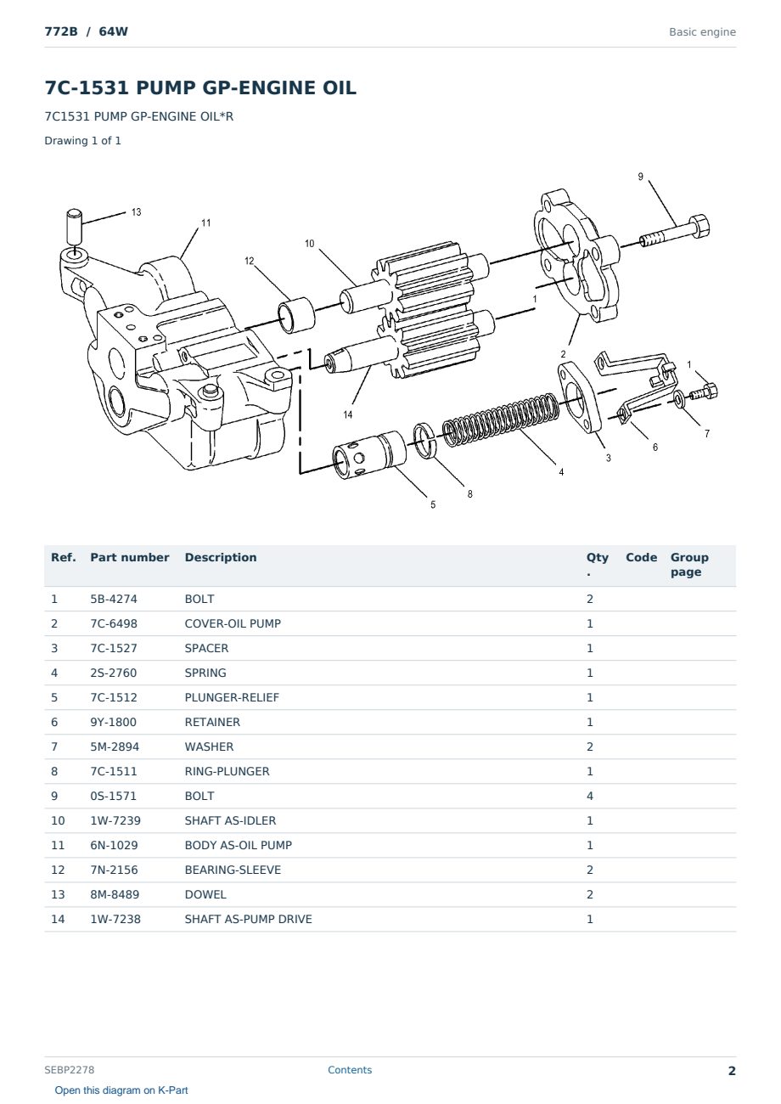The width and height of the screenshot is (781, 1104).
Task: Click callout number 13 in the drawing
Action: click(x=136, y=212)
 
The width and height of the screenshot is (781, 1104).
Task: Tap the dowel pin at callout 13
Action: click(x=74, y=226)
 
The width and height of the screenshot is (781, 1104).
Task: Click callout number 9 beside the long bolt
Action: click(x=641, y=177)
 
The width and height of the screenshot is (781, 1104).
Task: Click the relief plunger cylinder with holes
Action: click(x=369, y=454)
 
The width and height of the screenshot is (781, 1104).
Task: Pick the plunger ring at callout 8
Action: click(x=424, y=440)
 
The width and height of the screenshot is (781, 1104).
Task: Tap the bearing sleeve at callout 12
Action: click(x=296, y=315)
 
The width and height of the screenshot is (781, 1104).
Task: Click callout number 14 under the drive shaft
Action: click(x=348, y=415)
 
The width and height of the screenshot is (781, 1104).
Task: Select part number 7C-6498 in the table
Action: click(x=114, y=623)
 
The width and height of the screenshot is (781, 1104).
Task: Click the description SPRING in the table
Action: click(x=205, y=673)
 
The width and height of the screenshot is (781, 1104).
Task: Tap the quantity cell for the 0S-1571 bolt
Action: click(x=590, y=796)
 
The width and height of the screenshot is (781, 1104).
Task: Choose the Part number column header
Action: click(x=130, y=557)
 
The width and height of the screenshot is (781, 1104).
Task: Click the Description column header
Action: click(x=221, y=557)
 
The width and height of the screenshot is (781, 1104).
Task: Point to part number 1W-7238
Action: click(x=115, y=919)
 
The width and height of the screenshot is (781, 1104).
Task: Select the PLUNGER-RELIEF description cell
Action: click(x=232, y=697)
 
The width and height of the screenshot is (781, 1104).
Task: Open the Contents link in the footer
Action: click(x=350, y=1070)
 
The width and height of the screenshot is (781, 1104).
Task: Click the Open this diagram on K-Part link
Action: click(x=121, y=1090)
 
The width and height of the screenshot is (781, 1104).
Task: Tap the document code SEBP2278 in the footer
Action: click(x=70, y=1070)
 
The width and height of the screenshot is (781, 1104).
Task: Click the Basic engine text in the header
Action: click(x=702, y=32)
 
